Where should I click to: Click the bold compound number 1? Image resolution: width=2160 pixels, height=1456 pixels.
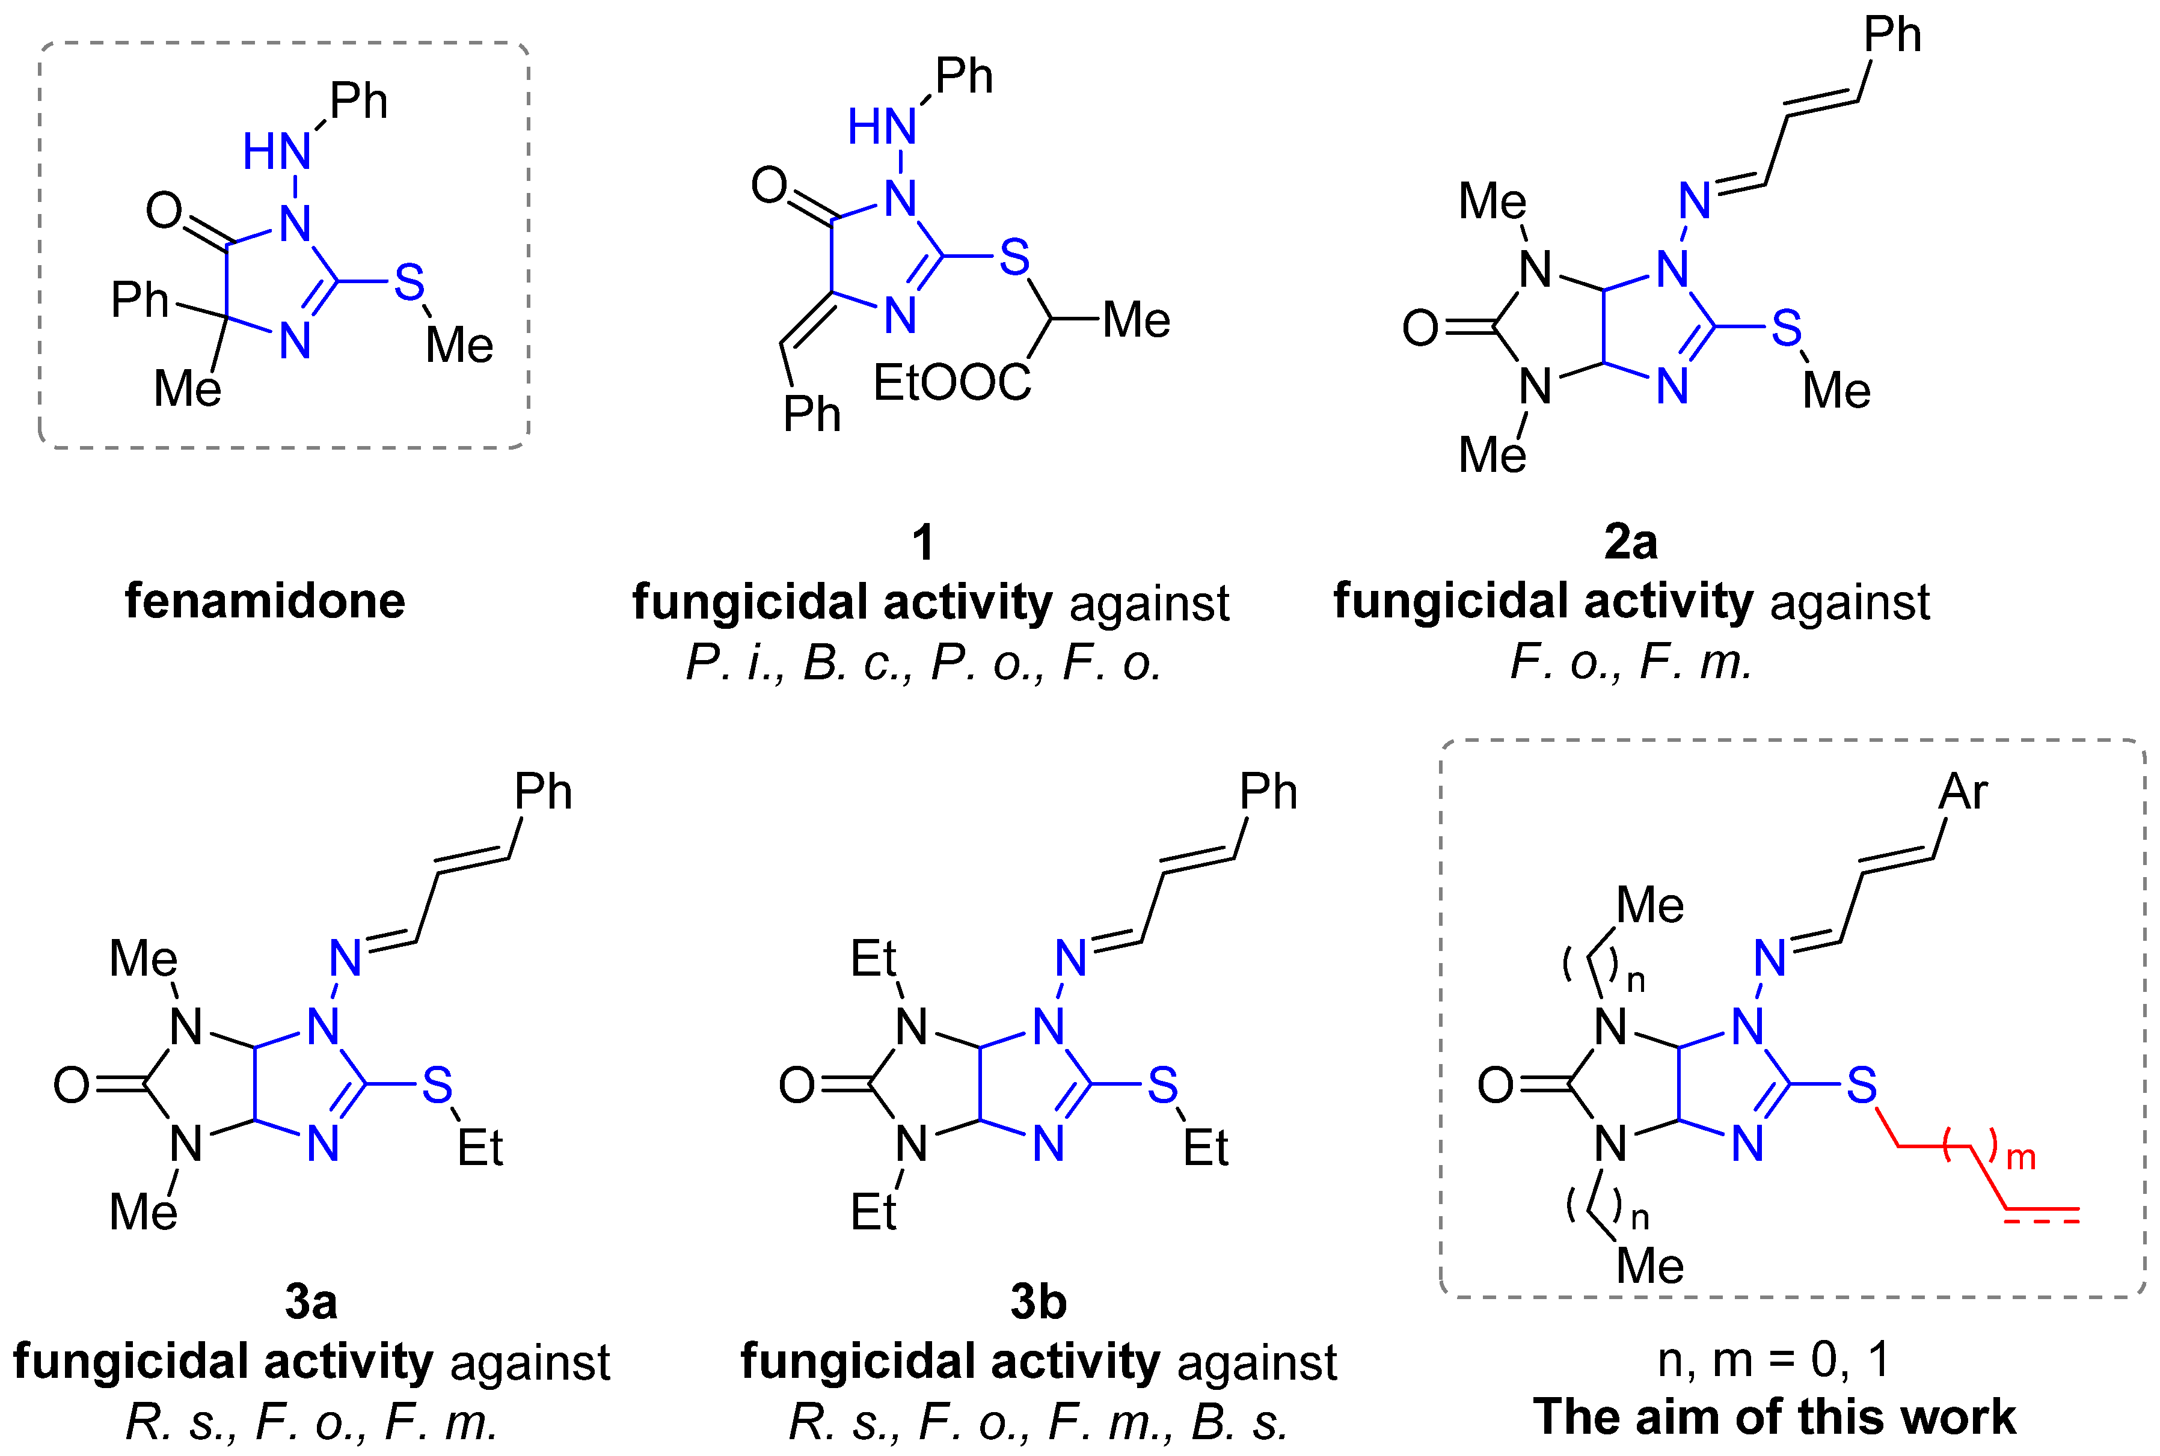coord(922,542)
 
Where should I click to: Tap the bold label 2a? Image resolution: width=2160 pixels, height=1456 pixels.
coord(1631,542)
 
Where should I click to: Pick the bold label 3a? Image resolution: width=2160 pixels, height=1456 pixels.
coord(311,1302)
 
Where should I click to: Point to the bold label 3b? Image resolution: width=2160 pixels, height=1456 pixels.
coord(1039,1302)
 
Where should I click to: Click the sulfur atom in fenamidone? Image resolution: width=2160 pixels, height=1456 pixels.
coord(408,283)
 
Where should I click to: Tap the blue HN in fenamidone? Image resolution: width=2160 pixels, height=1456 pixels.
coord(276,151)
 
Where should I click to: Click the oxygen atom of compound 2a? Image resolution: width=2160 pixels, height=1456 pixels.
coord(1420,328)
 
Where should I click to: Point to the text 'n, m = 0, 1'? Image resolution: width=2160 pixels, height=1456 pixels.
coord(1774,1360)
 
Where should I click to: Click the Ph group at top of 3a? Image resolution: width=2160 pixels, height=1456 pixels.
coord(542,792)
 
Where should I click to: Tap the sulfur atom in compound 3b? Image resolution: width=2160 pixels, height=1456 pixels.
coord(1162,1084)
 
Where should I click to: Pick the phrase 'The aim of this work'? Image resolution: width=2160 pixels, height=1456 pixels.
coord(1774,1417)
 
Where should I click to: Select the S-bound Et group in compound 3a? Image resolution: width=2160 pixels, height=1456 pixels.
coord(479,1149)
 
